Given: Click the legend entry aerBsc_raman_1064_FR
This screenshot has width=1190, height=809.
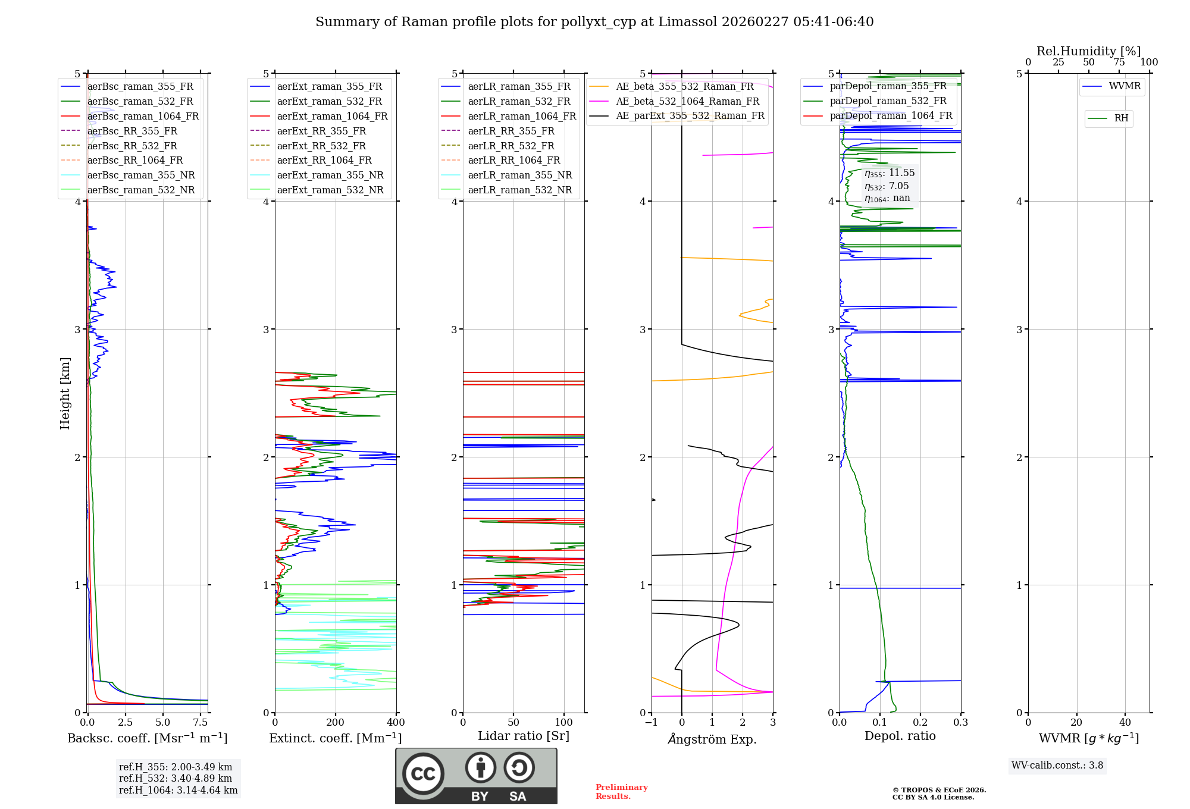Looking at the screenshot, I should (143, 116).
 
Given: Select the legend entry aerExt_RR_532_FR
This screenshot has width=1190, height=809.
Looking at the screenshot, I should (321, 146).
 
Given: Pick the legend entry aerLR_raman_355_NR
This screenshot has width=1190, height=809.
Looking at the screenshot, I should (519, 175).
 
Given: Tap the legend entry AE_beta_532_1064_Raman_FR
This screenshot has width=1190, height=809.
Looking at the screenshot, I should (687, 101).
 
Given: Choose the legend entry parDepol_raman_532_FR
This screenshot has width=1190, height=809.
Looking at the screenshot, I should (888, 101).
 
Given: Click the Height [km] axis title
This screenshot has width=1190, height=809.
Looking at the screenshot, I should (65, 393).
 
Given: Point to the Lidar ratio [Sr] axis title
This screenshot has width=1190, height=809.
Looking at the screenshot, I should (524, 736).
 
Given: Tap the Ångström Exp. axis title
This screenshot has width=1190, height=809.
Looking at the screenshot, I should (712, 739).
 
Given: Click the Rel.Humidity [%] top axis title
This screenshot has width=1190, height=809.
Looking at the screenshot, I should (1088, 51).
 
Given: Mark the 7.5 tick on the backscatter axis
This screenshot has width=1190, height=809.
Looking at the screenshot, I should (201, 723).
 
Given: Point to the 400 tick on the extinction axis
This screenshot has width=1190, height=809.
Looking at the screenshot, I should (396, 723).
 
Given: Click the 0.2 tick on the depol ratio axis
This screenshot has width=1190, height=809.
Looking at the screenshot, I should (920, 723).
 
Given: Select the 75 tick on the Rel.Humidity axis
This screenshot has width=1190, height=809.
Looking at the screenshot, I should (1119, 62).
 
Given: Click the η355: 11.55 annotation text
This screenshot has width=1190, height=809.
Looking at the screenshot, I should (890, 173).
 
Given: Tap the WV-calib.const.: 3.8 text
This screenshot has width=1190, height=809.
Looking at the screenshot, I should (1057, 766).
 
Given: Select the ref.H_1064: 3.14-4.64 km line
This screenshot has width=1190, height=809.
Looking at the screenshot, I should (178, 791).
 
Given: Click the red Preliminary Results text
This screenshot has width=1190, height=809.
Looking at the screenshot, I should (621, 792).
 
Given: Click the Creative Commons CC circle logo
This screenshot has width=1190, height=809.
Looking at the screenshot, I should (423, 774).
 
